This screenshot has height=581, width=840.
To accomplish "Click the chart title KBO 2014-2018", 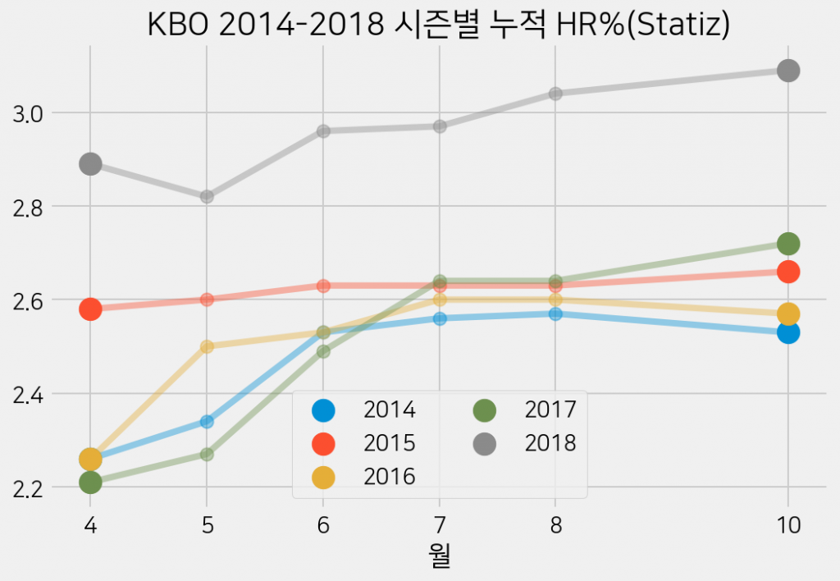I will (x=438, y=25).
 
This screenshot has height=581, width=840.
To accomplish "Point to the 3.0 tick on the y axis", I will (x=31, y=113).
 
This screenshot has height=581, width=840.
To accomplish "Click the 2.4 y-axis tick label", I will (x=31, y=395).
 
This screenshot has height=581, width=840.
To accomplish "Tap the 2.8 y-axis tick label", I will (x=31, y=207).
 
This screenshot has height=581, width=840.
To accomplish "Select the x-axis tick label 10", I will (x=788, y=524).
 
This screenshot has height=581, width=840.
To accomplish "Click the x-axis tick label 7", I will (x=440, y=524).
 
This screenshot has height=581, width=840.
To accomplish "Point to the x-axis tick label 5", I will (x=207, y=524).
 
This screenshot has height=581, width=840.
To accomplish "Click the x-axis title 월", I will (x=440, y=557).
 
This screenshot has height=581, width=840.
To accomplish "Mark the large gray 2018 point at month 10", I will (x=788, y=71).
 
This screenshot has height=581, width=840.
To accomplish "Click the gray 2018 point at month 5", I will (x=207, y=197).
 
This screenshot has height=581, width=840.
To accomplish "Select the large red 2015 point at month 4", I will (x=90, y=309).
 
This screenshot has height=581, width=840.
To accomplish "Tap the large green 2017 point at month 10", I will (x=788, y=244).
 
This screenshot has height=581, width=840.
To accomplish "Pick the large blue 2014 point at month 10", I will (x=788, y=332).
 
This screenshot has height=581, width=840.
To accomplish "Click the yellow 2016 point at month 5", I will (x=207, y=346).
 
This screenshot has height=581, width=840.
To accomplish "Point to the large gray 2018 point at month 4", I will (x=90, y=164).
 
